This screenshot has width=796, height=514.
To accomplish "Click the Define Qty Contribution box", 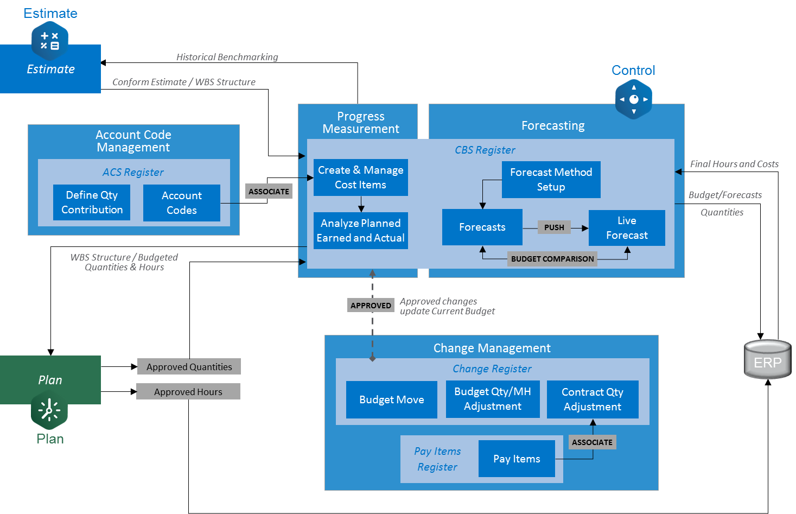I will click(92, 202).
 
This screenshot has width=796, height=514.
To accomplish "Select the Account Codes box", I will click(182, 203).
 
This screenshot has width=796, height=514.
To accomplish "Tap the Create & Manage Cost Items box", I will click(360, 177).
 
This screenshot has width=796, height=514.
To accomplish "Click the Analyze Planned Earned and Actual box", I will click(360, 231).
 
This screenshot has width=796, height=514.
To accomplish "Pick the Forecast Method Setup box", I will click(551, 180).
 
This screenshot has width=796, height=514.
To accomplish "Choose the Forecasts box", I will click(482, 227).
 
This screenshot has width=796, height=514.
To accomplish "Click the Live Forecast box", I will click(627, 228).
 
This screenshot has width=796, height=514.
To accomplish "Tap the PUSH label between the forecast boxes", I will click(554, 227).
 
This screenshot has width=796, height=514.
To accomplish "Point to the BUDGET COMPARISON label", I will click(552, 259).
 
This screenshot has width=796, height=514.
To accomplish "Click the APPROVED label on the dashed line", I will click(371, 306).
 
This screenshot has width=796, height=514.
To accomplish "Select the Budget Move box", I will click(391, 399).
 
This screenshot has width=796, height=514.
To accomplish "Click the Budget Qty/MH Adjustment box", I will click(493, 399).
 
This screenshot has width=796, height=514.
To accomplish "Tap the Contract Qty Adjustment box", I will click(593, 399).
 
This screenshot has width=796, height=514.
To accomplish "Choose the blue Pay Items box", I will click(517, 459).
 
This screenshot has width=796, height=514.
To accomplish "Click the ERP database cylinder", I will click(767, 359).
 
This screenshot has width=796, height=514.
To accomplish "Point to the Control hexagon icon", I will click(633, 99).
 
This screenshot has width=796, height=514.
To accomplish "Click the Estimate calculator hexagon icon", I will click(50, 41).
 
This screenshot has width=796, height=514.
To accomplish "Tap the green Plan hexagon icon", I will click(49, 410).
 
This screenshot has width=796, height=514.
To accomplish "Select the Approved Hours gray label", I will click(188, 392).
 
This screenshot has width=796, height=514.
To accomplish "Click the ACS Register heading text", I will click(133, 172).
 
